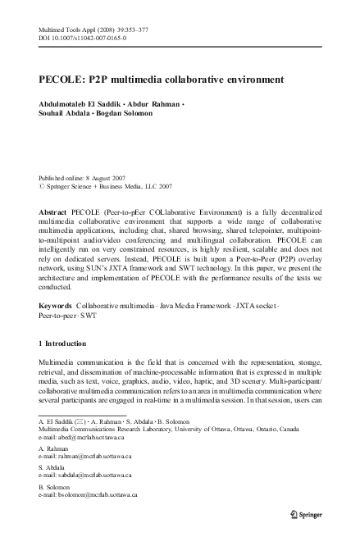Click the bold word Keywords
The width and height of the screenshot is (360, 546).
55,304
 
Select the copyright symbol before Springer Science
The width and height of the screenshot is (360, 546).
42,186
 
